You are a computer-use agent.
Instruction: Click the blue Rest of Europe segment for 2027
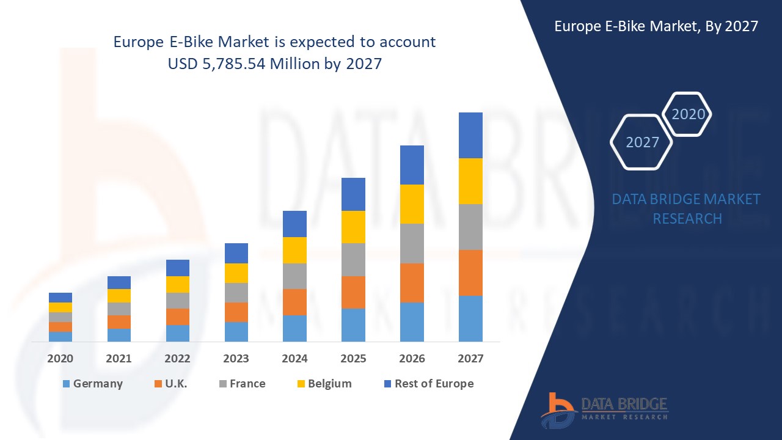[470, 135]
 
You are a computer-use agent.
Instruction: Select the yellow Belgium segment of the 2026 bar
[412, 204]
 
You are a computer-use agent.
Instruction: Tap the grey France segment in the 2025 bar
[353, 260]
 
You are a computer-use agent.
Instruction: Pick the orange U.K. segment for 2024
[294, 302]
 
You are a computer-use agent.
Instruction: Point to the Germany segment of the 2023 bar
[236, 331]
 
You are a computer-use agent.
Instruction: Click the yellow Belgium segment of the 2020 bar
[60, 307]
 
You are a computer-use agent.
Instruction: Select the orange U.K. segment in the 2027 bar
[470, 273]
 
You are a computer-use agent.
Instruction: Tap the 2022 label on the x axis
[177, 359]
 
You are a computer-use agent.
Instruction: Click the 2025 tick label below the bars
[353, 359]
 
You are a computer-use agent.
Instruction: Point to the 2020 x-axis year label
[60, 359]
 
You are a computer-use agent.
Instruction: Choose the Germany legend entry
[92, 384]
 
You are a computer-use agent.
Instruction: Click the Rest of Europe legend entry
[428, 384]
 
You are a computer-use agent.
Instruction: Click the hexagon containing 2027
[641, 142]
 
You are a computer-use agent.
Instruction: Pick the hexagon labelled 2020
[688, 114]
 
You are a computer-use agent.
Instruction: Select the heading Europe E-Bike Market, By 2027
[656, 26]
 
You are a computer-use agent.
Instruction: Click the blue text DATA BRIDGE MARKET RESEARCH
[686, 208]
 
